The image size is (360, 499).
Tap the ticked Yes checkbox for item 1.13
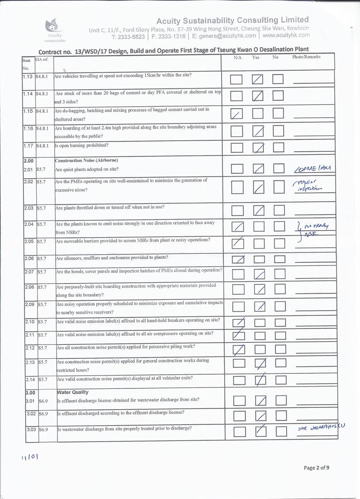pos(258,80)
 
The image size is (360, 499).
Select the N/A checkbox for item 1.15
pos(237,114)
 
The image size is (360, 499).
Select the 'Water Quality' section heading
pos(73,392)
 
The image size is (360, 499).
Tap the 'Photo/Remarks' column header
pos(306,57)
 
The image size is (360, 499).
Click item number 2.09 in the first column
pos(29,304)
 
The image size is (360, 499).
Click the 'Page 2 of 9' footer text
pos(316,468)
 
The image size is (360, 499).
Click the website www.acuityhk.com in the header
pos(286,35)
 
